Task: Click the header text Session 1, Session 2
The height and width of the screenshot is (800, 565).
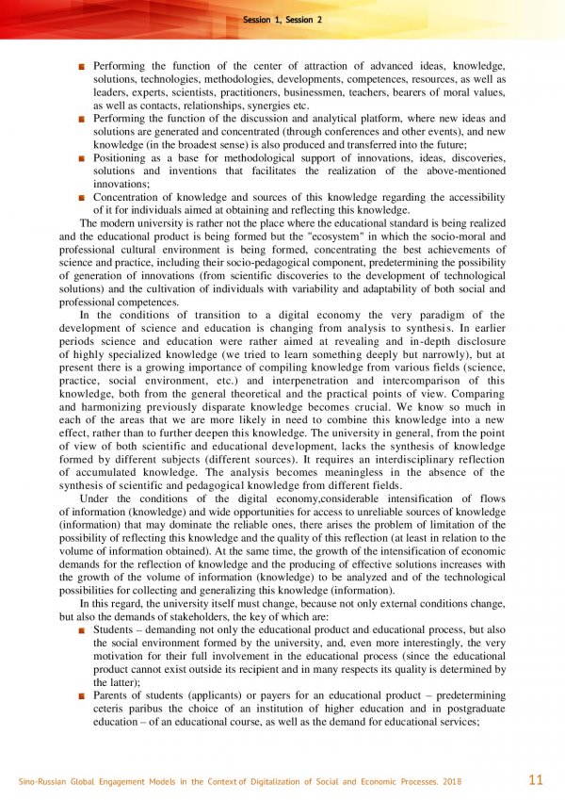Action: pos(282,19)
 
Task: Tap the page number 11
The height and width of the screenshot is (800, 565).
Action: pos(536,779)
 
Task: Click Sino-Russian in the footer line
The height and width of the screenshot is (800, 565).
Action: pos(44,782)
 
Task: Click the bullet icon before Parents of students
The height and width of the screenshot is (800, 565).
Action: pos(82,694)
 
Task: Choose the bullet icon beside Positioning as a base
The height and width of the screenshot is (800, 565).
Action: pos(82,159)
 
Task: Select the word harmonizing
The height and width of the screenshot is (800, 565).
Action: pos(106,407)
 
